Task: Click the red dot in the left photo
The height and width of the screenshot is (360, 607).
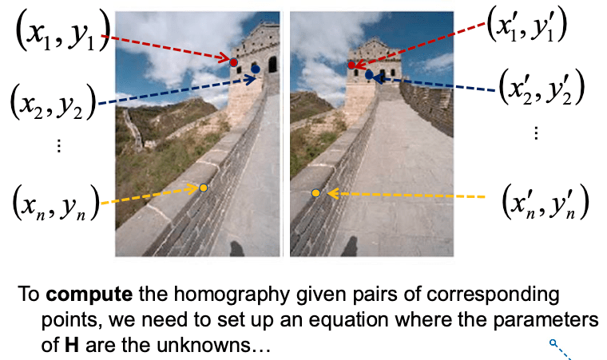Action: point(233,61)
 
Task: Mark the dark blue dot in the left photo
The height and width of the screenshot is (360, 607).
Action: point(256,69)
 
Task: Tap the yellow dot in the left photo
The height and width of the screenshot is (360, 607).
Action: point(204,188)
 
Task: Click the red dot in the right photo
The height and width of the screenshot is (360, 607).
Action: point(351,65)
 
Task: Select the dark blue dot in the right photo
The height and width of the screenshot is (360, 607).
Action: point(370,74)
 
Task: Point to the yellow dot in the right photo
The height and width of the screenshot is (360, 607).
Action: point(316,193)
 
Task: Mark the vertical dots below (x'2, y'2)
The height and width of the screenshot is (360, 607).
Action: point(536,133)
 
